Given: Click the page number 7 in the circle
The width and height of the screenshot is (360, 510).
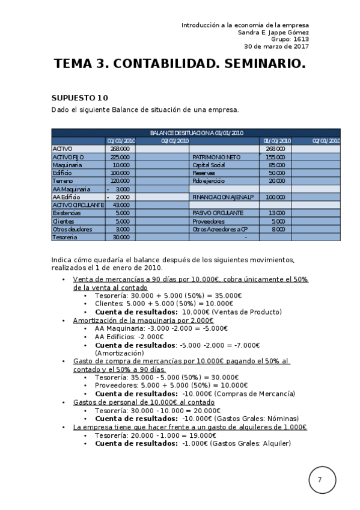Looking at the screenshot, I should pyautogui.click(x=320, y=480).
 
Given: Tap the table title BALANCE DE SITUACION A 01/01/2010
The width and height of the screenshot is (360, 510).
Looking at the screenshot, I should pyautogui.click(x=196, y=133).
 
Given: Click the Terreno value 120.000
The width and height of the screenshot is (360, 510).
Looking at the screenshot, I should pyautogui.click(x=120, y=181).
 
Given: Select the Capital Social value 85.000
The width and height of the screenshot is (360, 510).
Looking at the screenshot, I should pyautogui.click(x=276, y=165).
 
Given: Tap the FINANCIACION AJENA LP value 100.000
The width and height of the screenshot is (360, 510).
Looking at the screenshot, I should pyautogui.click(x=275, y=197).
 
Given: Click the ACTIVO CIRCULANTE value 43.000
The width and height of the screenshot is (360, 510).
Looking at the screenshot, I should pyautogui.click(x=121, y=205).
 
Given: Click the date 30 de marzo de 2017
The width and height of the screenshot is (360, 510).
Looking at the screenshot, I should pyautogui.click(x=276, y=46).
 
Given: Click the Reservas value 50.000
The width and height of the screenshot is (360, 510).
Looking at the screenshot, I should pyautogui.click(x=276, y=173).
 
